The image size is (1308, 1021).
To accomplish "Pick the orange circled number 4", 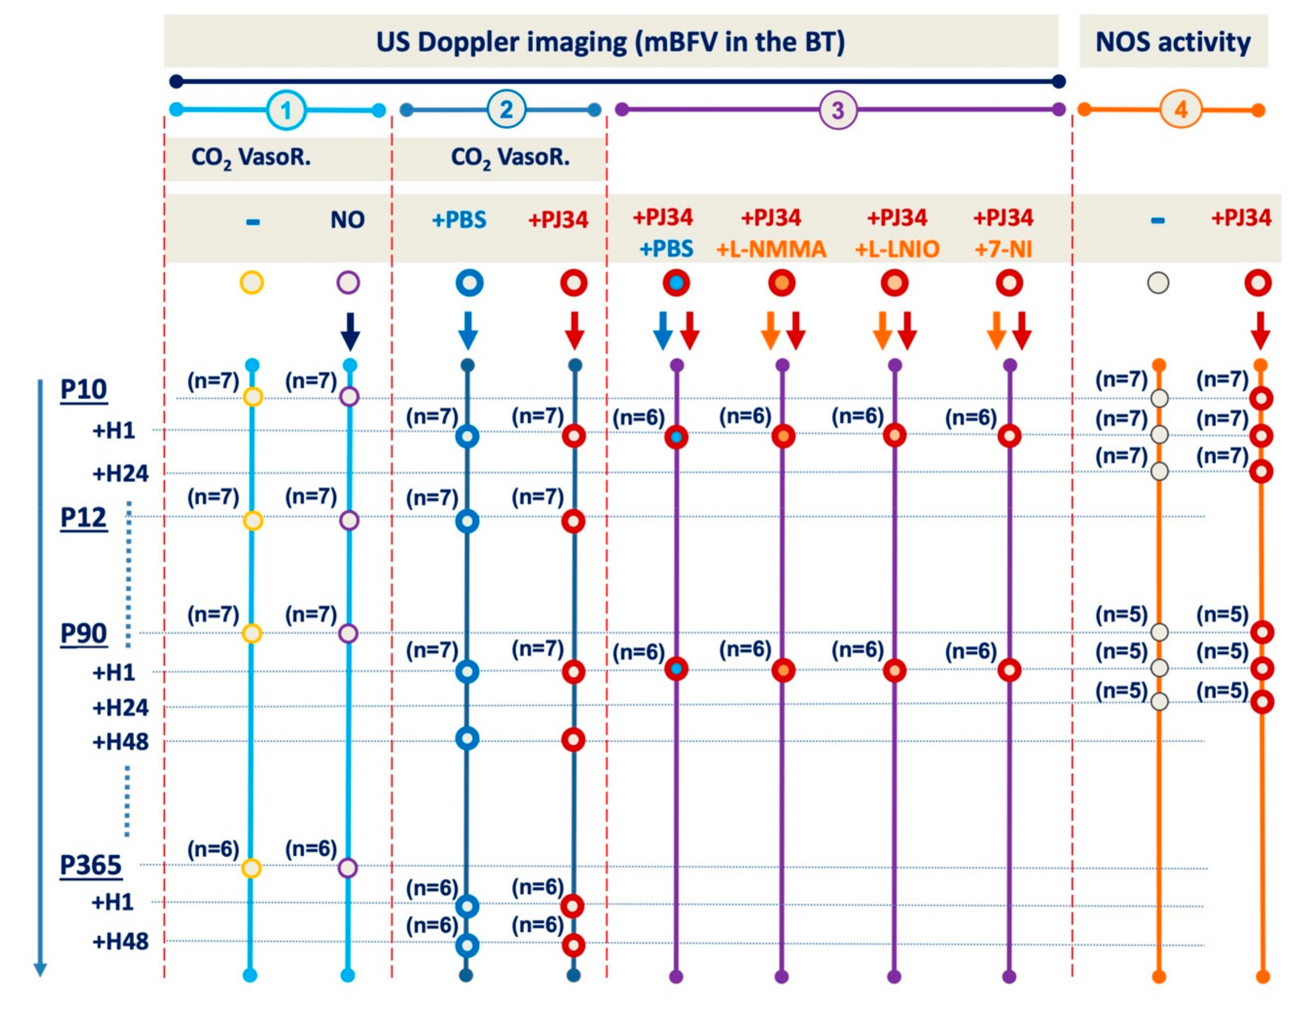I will point(1180,110).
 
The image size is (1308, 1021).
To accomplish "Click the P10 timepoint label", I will point(84,390).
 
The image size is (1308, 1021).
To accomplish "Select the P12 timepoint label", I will point(84,517).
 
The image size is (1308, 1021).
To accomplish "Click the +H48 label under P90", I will point(120,742).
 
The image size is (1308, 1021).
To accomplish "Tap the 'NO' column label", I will point(347,220).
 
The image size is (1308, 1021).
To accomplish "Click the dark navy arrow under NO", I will point(350,331).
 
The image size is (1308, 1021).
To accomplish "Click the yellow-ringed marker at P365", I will point(252,868).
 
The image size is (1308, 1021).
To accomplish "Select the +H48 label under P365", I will point(120,942).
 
